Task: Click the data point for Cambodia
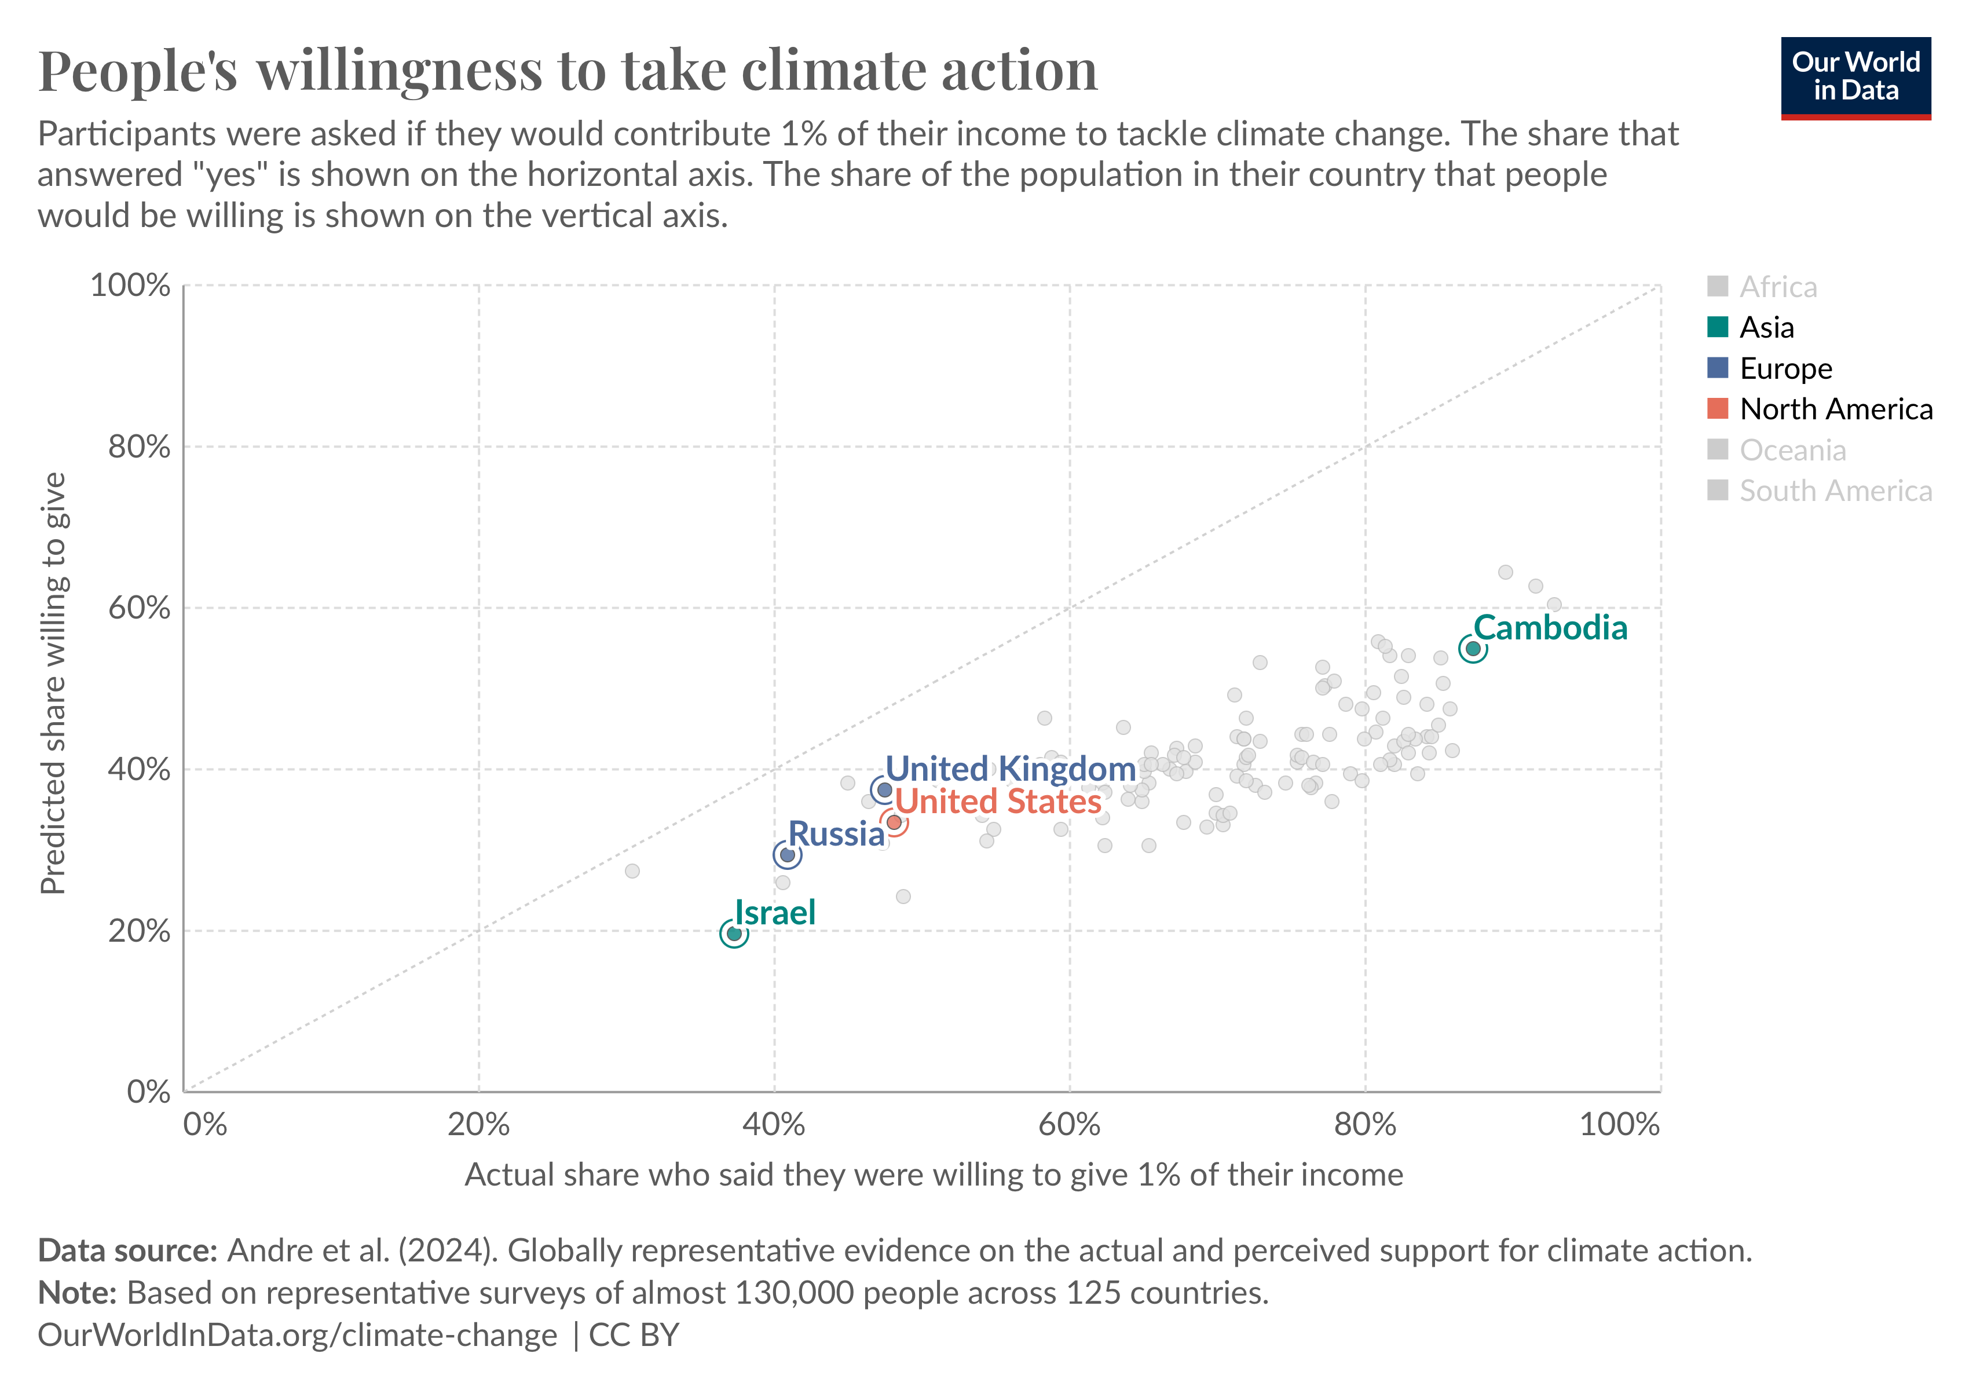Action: pyautogui.click(x=1473, y=648)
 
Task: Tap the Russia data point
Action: pyautogui.click(x=786, y=854)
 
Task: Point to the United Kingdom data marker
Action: pyautogui.click(x=884, y=789)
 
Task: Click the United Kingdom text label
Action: pyautogui.click(x=1010, y=769)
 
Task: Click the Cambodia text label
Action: pyautogui.click(x=1550, y=628)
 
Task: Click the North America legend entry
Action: pyautogui.click(x=1835, y=409)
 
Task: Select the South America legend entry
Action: pyautogui.click(x=1835, y=491)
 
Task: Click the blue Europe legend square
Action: pyautogui.click(x=1717, y=368)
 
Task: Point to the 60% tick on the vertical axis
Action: pyautogui.click(x=139, y=608)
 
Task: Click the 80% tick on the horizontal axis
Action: pyautogui.click(x=1364, y=1124)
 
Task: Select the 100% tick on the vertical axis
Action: pyautogui.click(x=130, y=285)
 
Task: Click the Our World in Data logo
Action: pyautogui.click(x=1855, y=77)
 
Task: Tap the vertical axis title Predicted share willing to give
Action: pyautogui.click(x=53, y=683)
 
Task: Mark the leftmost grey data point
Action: pyautogui.click(x=632, y=870)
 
